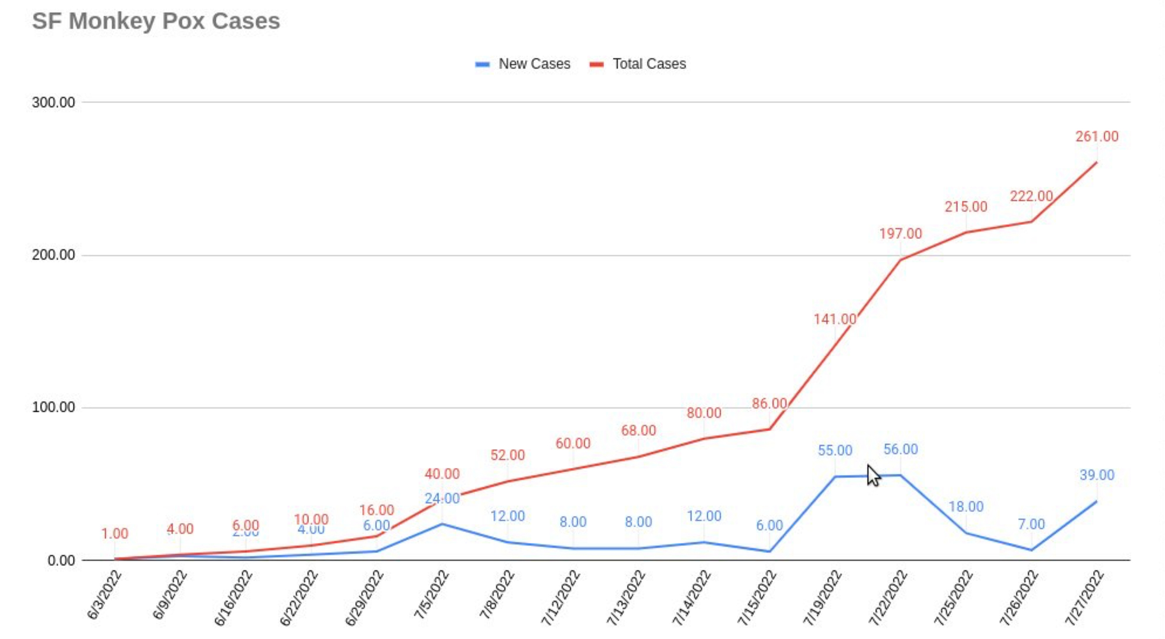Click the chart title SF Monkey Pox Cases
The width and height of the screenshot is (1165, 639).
(156, 21)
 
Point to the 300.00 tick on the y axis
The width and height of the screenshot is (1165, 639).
(53, 102)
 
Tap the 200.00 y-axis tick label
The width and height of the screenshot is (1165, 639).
(53, 255)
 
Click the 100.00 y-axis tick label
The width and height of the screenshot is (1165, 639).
(53, 407)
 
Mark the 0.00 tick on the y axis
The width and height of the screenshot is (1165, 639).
(61, 561)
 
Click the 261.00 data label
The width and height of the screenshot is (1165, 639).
(1097, 136)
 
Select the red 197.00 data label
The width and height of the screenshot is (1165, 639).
(900, 233)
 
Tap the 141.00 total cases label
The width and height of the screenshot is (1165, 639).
(835, 319)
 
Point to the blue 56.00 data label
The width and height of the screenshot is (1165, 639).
(901, 449)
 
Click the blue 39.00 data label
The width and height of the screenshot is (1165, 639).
(1097, 475)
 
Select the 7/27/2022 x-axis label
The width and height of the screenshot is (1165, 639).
(1084, 597)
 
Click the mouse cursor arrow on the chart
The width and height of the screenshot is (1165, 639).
(873, 475)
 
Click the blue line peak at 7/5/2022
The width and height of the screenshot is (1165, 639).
(442, 524)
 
